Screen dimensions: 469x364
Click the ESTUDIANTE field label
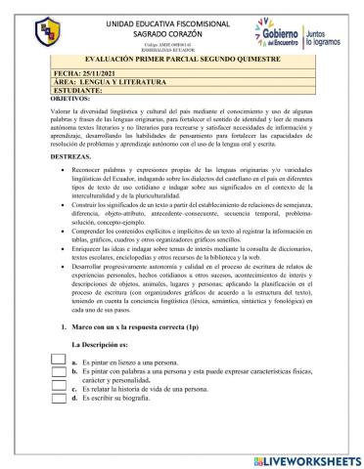(x=77, y=91)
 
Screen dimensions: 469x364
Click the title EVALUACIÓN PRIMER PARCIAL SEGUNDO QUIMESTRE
(x=181, y=62)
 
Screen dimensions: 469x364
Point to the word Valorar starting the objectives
(x=58, y=113)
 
